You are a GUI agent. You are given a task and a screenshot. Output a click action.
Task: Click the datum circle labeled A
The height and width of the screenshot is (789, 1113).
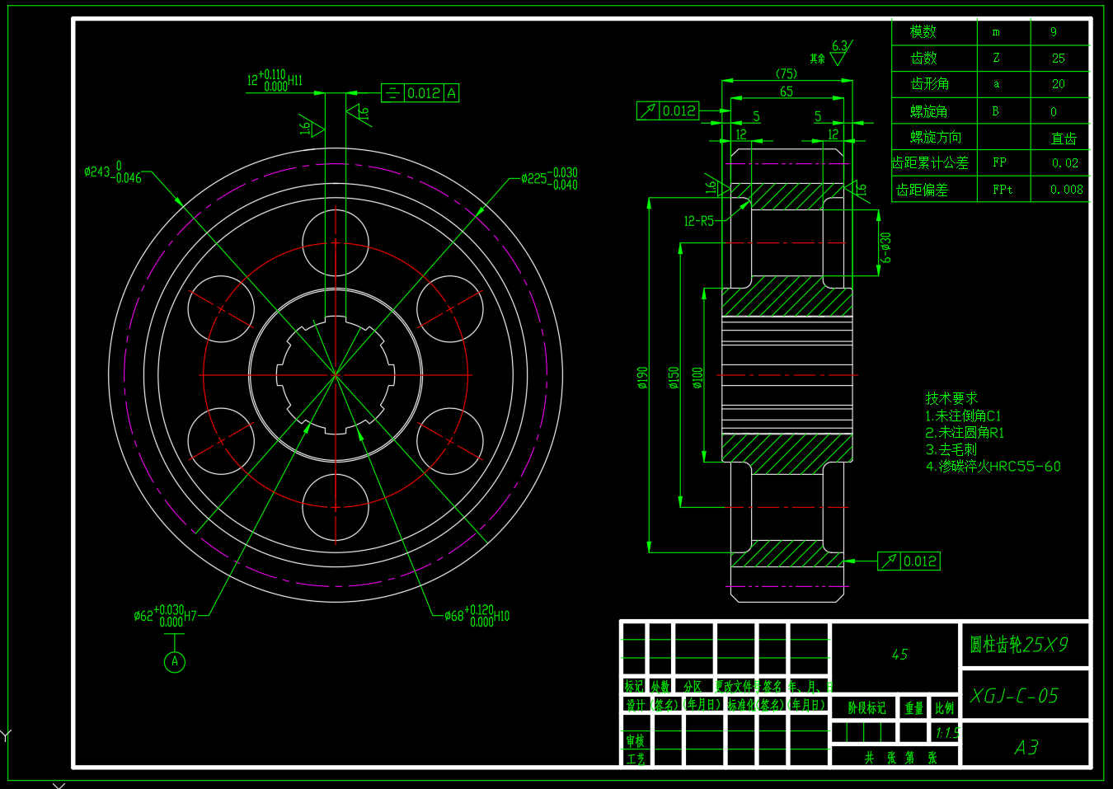[175, 661]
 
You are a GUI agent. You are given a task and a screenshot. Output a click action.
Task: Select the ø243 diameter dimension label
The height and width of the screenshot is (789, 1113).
[113, 172]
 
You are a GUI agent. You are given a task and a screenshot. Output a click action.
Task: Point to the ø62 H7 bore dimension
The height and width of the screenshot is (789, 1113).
[165, 616]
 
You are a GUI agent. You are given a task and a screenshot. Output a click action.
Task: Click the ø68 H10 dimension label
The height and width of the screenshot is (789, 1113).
[477, 616]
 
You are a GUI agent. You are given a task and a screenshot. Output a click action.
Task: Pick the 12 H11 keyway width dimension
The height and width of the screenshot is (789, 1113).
[275, 81]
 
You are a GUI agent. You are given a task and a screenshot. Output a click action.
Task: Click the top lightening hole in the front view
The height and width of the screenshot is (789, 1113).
[336, 243]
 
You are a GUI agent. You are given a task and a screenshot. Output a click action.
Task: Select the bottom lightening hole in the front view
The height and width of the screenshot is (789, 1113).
[336, 507]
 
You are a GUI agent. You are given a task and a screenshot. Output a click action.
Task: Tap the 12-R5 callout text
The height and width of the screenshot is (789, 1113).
[699, 221]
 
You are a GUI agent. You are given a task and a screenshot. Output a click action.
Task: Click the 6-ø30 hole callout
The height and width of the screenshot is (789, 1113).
[885, 247]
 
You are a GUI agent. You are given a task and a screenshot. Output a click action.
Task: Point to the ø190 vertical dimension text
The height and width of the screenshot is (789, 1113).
[643, 378]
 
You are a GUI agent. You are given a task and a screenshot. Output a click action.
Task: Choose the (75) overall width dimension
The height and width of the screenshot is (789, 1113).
[787, 73]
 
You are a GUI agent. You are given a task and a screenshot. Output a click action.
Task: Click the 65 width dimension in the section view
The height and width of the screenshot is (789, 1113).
[787, 92]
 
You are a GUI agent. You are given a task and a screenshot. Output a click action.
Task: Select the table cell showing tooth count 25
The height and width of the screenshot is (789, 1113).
[1059, 59]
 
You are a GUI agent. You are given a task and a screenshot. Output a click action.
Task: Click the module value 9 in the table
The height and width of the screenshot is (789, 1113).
[1054, 32]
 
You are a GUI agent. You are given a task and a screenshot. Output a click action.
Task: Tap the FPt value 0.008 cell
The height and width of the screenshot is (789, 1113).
[1066, 190]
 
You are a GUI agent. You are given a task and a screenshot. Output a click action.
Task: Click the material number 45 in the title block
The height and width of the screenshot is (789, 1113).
[899, 654]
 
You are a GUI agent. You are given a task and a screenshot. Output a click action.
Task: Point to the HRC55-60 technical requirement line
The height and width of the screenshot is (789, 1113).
[993, 467]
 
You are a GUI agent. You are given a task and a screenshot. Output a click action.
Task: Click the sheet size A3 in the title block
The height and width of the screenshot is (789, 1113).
[1026, 748]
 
